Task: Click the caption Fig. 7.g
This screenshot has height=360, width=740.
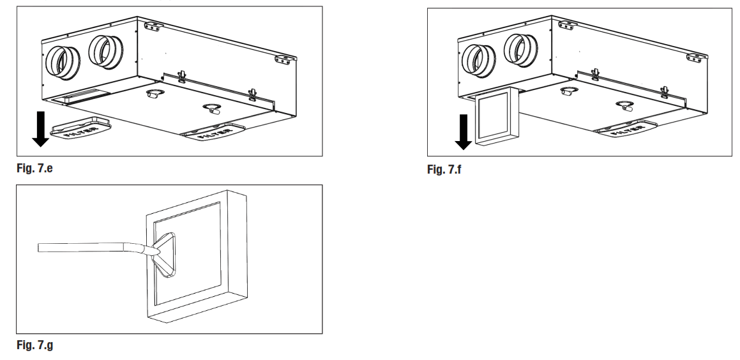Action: [34, 345]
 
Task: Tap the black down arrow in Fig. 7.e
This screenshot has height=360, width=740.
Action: [40, 128]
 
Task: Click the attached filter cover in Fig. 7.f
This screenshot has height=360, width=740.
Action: [627, 130]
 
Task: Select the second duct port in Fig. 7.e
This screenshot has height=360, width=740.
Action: [103, 52]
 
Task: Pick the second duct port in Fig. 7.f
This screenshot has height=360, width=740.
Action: [518, 50]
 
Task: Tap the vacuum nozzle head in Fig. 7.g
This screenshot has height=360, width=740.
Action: [165, 253]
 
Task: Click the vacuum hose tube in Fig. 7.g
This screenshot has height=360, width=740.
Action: [89, 248]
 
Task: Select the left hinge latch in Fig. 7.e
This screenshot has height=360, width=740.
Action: [182, 75]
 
